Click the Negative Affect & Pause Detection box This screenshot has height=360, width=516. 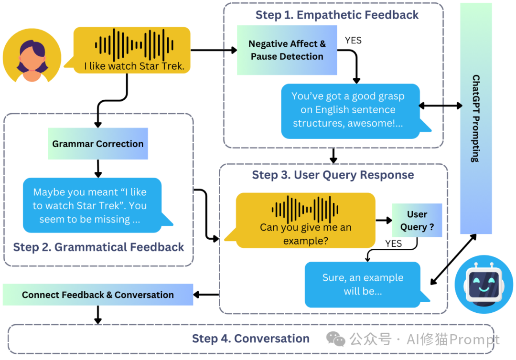click(x=287, y=50)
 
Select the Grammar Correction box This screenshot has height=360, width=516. click(x=98, y=144)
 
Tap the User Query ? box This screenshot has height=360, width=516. click(x=417, y=220)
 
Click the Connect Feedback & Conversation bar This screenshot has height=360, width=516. click(x=98, y=295)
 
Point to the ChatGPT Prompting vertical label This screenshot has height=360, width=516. click(x=475, y=118)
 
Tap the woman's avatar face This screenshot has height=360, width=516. click(x=32, y=59)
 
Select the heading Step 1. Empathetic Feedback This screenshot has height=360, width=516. click(x=337, y=15)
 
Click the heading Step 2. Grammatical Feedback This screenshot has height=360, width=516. click(x=98, y=247)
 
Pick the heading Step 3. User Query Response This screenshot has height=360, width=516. click(x=333, y=175)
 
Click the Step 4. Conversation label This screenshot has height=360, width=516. click(x=251, y=339)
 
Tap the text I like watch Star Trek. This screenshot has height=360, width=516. click(x=134, y=66)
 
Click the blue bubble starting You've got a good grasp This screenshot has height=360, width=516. click(x=351, y=111)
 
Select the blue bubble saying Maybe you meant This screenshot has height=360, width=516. click(x=92, y=205)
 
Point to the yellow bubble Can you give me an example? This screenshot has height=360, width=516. click(x=305, y=220)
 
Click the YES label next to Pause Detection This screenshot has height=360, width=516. click(x=353, y=41)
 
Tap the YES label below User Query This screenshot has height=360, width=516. click(x=394, y=244)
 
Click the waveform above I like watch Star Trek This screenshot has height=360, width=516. click(x=134, y=45)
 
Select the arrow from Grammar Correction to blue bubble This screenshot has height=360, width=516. click(x=98, y=169)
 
